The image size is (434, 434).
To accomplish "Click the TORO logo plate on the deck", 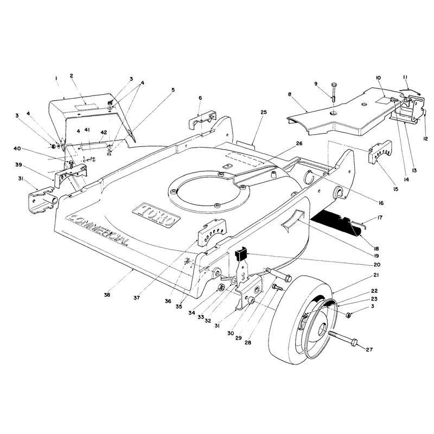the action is click(x=156, y=215).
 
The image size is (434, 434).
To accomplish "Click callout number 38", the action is click(x=107, y=295).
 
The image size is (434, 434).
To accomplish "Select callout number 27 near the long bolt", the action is click(x=369, y=349).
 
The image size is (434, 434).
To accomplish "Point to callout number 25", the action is click(x=264, y=112).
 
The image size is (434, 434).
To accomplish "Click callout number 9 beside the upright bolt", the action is click(x=316, y=84).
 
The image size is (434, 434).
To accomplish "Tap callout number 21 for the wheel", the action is click(x=376, y=275).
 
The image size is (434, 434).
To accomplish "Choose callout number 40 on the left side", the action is click(x=17, y=149).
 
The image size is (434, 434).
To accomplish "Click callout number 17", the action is click(x=380, y=218).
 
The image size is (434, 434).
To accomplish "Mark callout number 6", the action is click(x=200, y=98).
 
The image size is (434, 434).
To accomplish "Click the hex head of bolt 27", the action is click(x=354, y=343).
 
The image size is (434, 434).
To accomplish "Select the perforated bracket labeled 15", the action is click(x=380, y=152).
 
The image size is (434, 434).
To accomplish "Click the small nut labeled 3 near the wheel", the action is click(x=349, y=315).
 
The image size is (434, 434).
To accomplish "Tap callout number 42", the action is click(x=104, y=132).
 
